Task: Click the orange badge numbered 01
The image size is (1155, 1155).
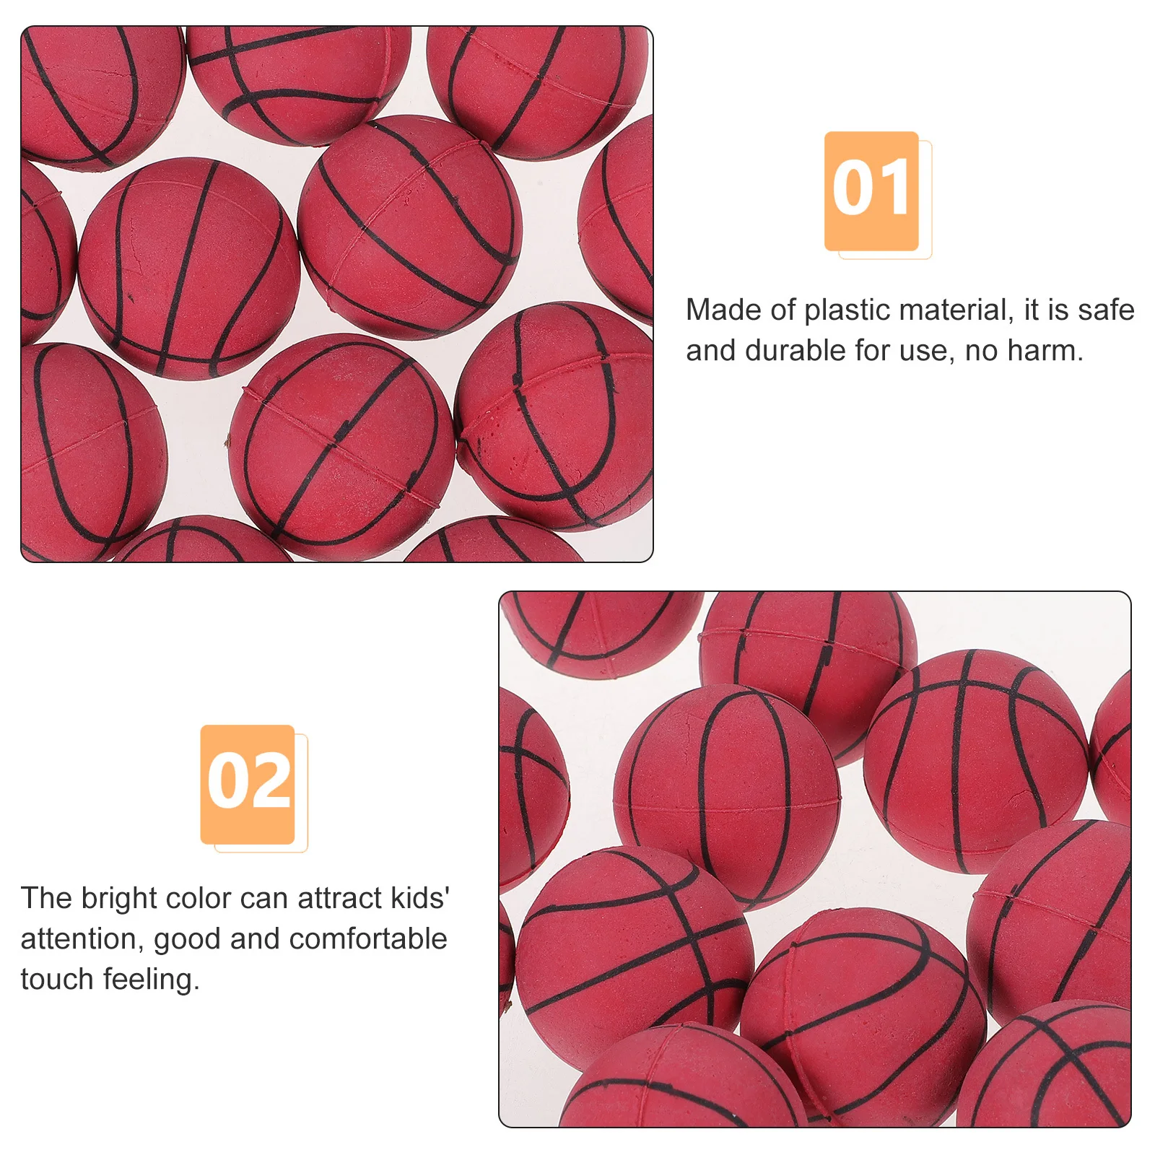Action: (x=871, y=191)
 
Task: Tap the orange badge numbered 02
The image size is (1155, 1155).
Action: (x=248, y=784)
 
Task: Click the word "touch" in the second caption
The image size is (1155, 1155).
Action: (x=57, y=980)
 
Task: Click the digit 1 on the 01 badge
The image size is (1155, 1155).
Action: (x=895, y=189)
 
